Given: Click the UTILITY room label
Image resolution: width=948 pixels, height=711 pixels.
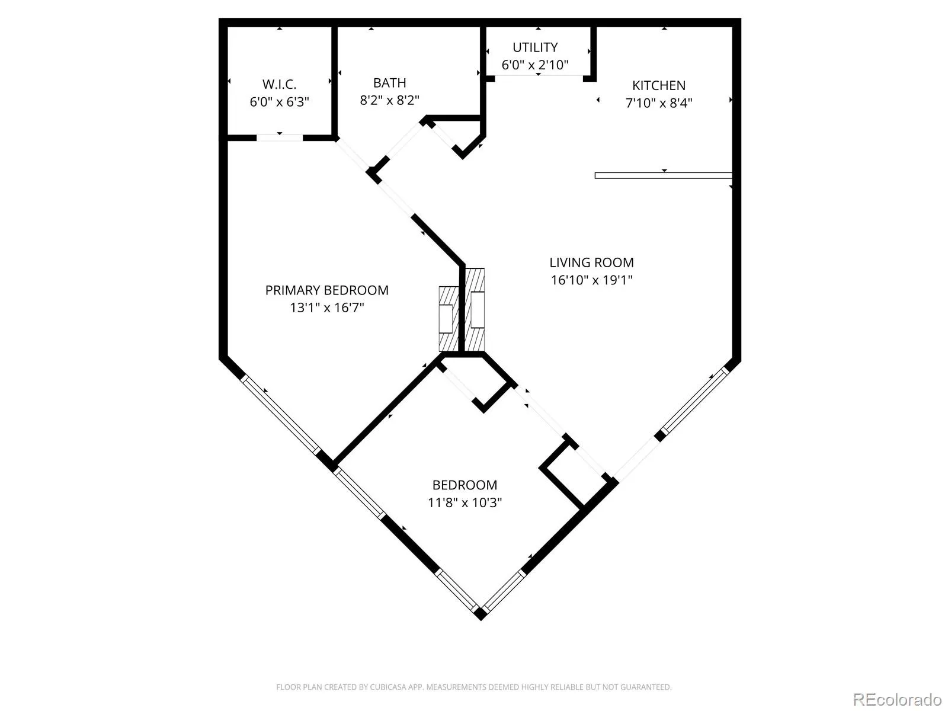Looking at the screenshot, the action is click(x=534, y=47).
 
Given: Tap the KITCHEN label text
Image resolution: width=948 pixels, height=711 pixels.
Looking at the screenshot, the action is click(x=659, y=85).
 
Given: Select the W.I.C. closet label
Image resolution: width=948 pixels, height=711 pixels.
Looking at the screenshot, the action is click(x=279, y=84).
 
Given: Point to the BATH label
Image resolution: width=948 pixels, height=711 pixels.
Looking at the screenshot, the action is click(x=389, y=82).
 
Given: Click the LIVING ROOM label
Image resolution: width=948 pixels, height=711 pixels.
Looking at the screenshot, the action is click(x=591, y=262).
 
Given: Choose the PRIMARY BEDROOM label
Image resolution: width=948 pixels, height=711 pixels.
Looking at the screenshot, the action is click(x=326, y=290).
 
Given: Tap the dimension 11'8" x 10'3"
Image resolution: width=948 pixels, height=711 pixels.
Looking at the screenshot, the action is click(x=465, y=502).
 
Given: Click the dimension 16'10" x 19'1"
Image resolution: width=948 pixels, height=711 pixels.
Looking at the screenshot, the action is click(x=591, y=280).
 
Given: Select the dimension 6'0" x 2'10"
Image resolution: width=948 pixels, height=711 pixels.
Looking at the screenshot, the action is click(x=534, y=65).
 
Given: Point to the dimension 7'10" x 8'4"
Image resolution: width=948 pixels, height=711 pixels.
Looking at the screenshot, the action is click(x=659, y=103).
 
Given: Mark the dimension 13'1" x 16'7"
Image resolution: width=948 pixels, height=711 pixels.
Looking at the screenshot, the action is click(x=327, y=308).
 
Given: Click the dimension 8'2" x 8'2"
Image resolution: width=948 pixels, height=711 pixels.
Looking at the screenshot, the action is click(x=389, y=100).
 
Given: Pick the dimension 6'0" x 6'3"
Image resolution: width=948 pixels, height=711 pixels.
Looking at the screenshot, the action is click(x=279, y=102).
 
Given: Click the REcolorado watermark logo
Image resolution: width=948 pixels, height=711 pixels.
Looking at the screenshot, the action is click(x=897, y=699).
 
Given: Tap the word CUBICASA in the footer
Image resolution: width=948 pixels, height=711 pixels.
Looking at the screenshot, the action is click(x=388, y=687).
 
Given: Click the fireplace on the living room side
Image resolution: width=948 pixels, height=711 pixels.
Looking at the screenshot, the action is click(x=475, y=310).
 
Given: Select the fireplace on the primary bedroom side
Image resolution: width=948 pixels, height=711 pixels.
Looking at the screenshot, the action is click(x=449, y=319).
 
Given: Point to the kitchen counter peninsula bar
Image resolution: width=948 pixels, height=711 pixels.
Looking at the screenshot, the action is click(x=663, y=176).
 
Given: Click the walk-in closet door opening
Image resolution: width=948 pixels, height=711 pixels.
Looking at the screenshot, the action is click(x=280, y=137).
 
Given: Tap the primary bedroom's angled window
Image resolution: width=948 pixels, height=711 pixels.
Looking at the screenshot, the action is click(x=281, y=415).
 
